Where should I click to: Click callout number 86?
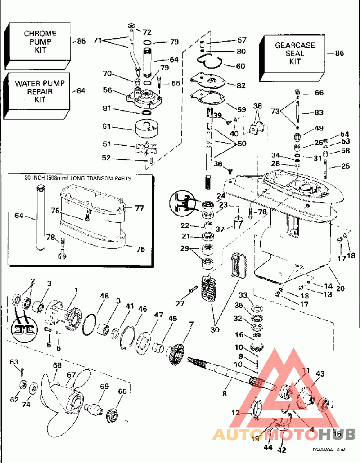tap(339, 53)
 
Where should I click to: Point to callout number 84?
tap(81, 91)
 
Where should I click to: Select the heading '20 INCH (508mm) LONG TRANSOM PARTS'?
tap(78, 178)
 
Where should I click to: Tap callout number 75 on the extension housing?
tap(140, 249)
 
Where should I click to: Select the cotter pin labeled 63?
tap(24, 370)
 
